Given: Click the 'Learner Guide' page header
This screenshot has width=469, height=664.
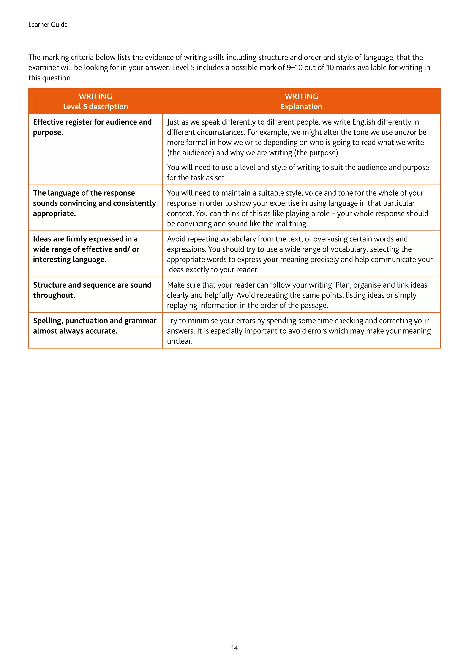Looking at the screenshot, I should point(48,25).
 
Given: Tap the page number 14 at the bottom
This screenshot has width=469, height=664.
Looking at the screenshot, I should point(234,648).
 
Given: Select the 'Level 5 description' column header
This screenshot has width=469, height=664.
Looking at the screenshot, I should point(95,107).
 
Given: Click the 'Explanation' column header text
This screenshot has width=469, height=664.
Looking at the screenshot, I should point(301,107).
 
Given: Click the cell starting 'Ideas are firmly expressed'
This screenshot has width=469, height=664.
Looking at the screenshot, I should point(86,249).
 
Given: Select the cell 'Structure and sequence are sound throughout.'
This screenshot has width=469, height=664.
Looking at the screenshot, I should point(92,290).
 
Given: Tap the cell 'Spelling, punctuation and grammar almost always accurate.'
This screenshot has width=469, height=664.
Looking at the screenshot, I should point(94,326).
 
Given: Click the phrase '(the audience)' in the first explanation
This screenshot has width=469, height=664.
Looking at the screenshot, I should point(191,153).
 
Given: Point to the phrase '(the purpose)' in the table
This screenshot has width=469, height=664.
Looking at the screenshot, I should point(316,153).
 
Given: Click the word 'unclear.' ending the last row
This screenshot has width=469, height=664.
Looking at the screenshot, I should point(180,341).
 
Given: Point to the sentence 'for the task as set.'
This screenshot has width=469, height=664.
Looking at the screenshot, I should point(196,177).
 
